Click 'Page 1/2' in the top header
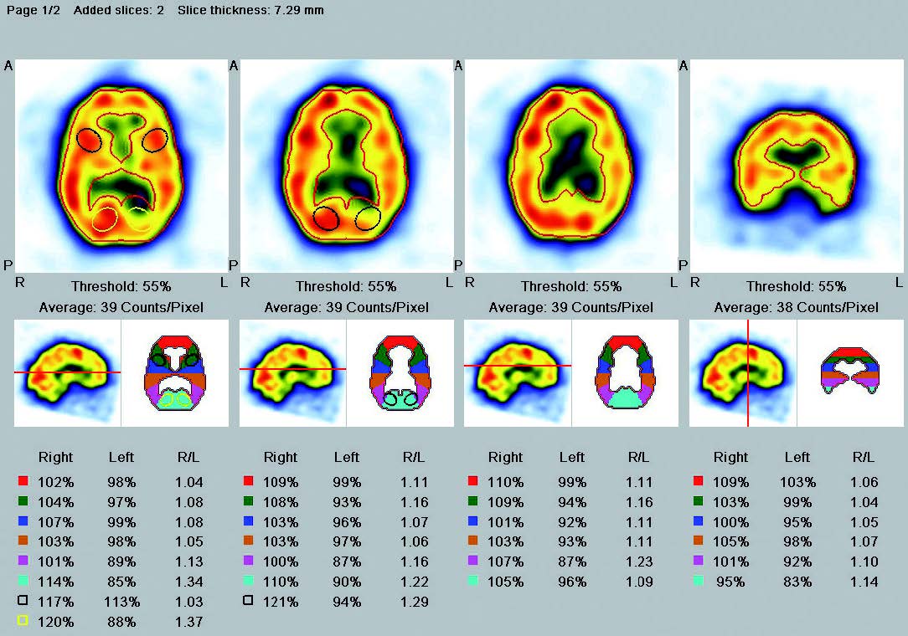[34, 11]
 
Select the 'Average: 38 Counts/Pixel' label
[796, 308]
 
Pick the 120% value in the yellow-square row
[56, 622]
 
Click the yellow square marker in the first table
[23, 621]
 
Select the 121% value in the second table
[281, 602]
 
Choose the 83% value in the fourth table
[797, 582]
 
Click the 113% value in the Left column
[122, 602]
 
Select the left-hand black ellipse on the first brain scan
[90, 140]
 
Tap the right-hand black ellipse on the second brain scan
[368, 218]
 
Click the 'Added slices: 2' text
[119, 11]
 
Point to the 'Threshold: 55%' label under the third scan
[570, 286]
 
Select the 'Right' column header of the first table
[55, 457]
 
